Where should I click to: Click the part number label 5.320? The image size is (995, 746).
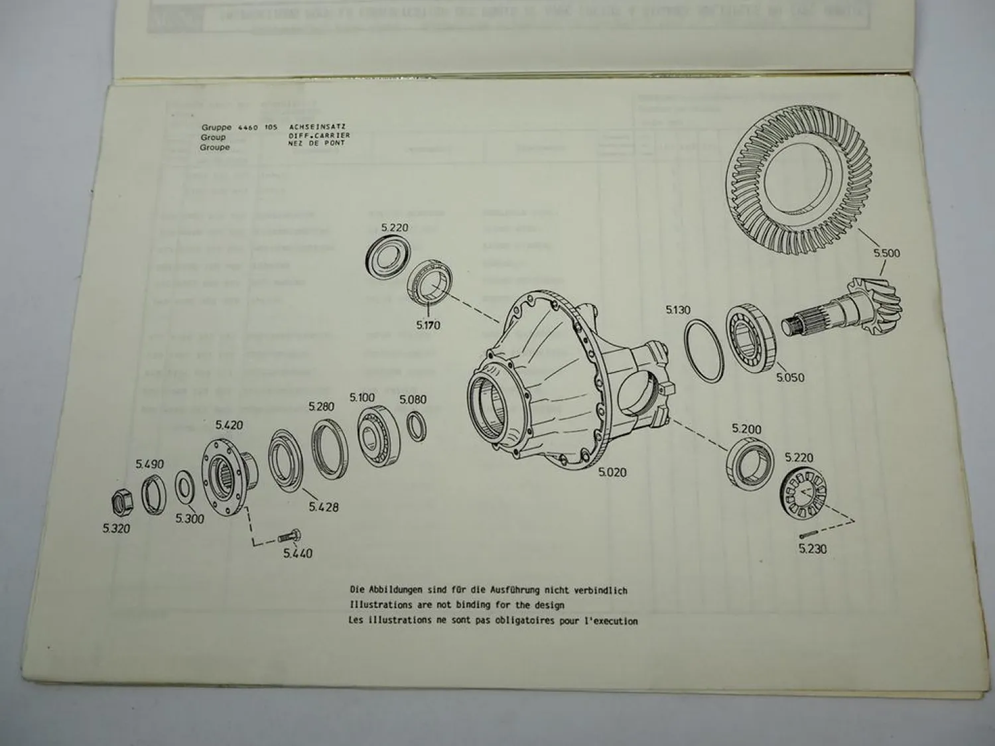click(116, 528)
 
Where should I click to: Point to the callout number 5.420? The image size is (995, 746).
click(229, 425)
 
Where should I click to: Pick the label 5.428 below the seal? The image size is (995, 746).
click(324, 507)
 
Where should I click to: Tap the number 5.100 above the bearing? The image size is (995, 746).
click(362, 398)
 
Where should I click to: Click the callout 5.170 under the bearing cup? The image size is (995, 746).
click(428, 326)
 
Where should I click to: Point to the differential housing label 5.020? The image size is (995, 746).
click(612, 472)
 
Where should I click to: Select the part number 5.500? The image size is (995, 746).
click(887, 253)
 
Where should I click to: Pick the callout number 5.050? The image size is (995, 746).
click(790, 377)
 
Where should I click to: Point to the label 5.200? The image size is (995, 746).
click(746, 429)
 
